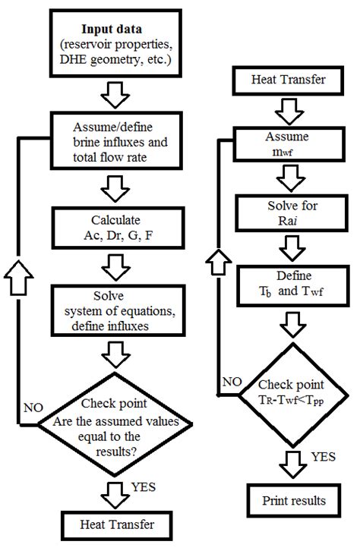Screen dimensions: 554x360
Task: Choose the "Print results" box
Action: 288,500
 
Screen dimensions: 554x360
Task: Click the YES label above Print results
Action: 321,458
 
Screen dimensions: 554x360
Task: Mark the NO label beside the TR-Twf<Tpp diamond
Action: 233,380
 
